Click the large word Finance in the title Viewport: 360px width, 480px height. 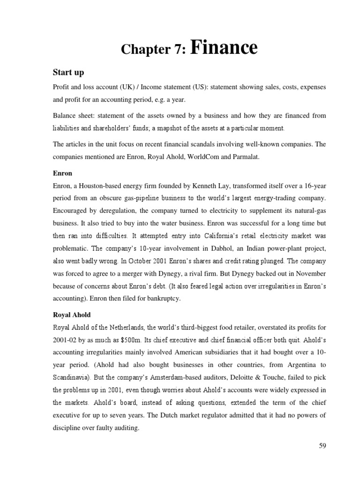[224, 48]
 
